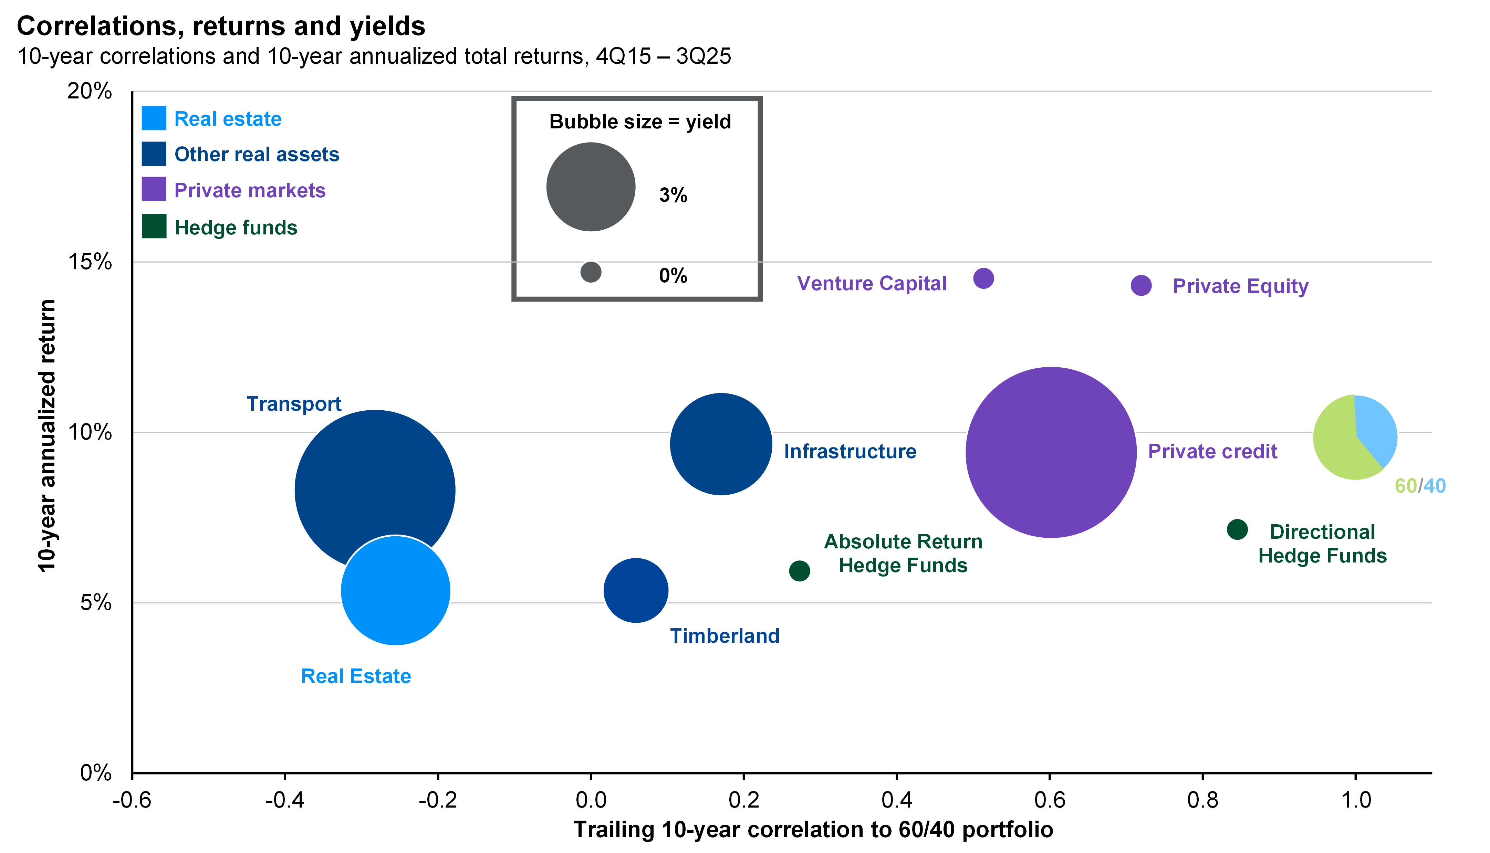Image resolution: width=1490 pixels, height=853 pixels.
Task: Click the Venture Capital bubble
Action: pyautogui.click(x=983, y=278)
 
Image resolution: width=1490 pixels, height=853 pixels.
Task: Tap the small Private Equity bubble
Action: pyautogui.click(x=1141, y=285)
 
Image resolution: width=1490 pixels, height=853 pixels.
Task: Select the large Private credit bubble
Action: pyautogui.click(x=1051, y=452)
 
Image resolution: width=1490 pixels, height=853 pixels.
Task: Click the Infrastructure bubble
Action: pyautogui.click(x=721, y=443)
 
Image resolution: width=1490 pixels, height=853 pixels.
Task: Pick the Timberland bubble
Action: pyautogui.click(x=636, y=590)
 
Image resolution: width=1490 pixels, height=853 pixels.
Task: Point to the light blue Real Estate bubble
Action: pyautogui.click(x=396, y=591)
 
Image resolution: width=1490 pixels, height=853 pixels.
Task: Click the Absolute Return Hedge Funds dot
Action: pyautogui.click(x=799, y=571)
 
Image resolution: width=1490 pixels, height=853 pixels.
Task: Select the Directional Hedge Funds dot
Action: pyautogui.click(x=1237, y=530)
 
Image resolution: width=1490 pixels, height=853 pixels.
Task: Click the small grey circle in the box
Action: pyautogui.click(x=591, y=272)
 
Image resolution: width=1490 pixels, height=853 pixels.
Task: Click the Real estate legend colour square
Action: pyautogui.click(x=154, y=118)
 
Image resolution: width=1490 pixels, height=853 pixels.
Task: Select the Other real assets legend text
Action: pyautogui.click(x=257, y=154)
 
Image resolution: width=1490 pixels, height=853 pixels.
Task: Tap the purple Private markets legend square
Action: pyautogui.click(x=154, y=189)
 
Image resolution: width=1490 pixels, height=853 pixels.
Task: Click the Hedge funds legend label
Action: pyautogui.click(x=236, y=227)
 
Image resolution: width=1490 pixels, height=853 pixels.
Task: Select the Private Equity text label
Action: pyautogui.click(x=1240, y=286)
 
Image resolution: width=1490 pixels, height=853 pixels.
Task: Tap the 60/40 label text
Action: pyautogui.click(x=1420, y=486)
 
